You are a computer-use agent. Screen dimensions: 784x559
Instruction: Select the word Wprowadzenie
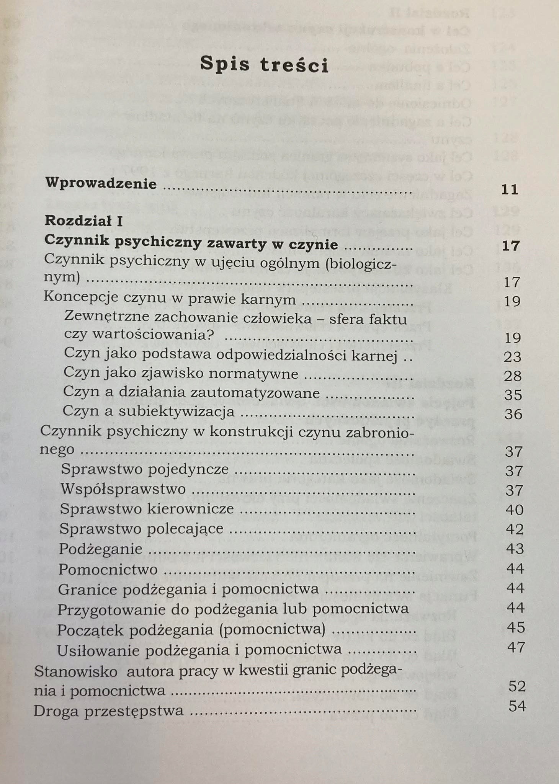(101, 184)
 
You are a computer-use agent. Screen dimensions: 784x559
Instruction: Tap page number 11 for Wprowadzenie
(510, 189)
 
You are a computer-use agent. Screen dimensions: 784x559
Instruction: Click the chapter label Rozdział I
(84, 221)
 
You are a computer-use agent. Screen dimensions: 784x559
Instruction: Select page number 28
(513, 376)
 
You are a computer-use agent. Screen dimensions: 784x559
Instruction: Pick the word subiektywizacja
(177, 412)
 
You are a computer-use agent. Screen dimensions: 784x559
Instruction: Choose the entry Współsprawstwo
(123, 489)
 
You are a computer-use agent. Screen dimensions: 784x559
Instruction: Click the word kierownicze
(195, 509)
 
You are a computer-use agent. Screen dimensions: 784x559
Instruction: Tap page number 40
(514, 510)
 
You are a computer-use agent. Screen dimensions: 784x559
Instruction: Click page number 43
(515, 549)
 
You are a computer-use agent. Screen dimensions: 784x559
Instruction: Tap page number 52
(517, 686)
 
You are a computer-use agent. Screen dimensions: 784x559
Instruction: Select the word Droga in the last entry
(56, 711)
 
